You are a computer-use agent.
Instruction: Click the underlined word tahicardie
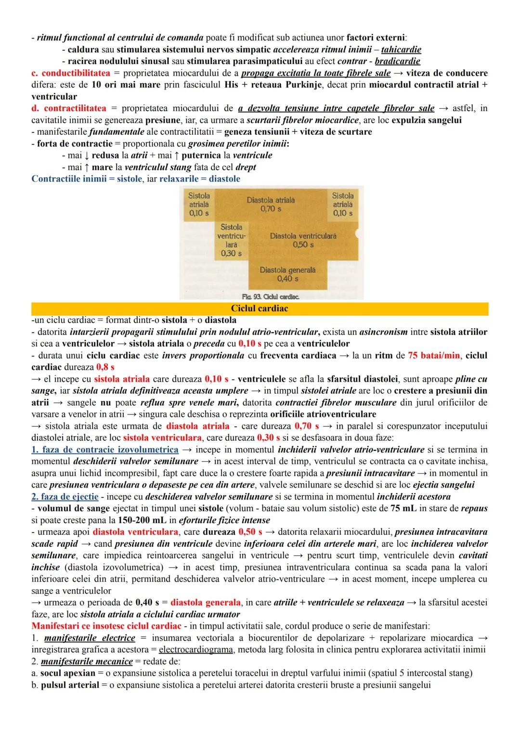point(401,50)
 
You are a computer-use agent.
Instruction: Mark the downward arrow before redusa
point(86,155)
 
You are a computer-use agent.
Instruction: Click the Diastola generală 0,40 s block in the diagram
point(287,274)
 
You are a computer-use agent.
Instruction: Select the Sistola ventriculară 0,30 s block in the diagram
point(232,240)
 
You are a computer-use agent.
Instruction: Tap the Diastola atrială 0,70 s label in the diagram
point(271,204)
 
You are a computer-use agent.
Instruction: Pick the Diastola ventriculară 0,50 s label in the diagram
point(303,240)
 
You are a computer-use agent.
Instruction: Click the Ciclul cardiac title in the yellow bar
point(260,309)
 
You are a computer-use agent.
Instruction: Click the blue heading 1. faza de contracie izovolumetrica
point(104,450)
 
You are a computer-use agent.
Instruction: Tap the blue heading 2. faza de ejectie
point(65,496)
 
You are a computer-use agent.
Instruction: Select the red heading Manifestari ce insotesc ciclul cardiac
point(106,626)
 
